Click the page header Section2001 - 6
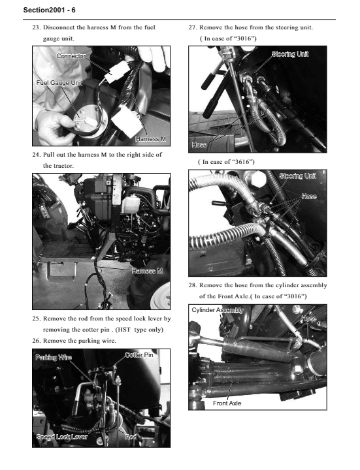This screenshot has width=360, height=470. click(x=49, y=10)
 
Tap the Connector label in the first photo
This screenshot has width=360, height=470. click(x=71, y=55)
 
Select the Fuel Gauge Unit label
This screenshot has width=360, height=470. click(x=59, y=83)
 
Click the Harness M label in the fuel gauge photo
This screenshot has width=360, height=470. click(x=150, y=139)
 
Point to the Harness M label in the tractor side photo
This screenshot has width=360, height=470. click(x=147, y=271)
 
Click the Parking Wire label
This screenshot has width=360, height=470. click(x=54, y=357)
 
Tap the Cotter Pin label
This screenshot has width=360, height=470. click(x=139, y=355)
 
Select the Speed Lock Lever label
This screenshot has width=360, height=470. click(x=62, y=437)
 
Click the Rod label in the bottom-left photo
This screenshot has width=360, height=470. click(x=131, y=437)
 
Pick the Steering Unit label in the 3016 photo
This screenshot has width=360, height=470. click(x=290, y=54)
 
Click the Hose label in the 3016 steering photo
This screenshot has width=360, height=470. click(x=199, y=145)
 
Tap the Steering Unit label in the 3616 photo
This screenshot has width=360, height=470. click(x=297, y=176)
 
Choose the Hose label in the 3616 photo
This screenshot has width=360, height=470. click(x=309, y=196)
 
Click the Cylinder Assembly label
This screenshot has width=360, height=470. click(x=218, y=310)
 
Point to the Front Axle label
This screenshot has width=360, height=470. click(x=227, y=403)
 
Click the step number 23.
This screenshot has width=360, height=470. click(x=36, y=27)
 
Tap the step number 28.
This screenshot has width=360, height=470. click(x=192, y=285)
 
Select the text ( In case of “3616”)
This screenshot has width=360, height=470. click(x=226, y=162)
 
